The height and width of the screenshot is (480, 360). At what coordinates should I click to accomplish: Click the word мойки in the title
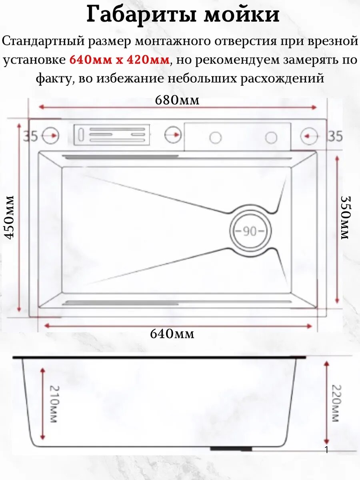click(x=242, y=15)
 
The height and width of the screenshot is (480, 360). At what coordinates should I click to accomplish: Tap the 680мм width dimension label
click(x=177, y=100)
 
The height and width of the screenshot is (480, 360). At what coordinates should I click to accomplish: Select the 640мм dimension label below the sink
click(x=172, y=334)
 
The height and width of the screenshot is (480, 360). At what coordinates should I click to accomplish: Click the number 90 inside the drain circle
click(x=250, y=231)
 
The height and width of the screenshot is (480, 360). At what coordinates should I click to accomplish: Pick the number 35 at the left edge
click(x=30, y=136)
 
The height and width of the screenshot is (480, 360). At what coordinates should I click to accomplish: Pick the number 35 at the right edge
click(x=335, y=136)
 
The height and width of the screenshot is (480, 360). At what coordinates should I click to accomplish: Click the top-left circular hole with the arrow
click(x=51, y=136)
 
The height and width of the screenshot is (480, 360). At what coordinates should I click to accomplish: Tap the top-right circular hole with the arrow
click(x=309, y=136)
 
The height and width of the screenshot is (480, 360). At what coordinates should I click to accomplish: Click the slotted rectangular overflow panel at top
click(x=112, y=135)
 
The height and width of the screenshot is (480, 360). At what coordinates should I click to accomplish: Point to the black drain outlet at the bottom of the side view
click(x=231, y=449)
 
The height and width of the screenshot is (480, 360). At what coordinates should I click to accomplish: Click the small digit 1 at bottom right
click(x=326, y=450)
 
